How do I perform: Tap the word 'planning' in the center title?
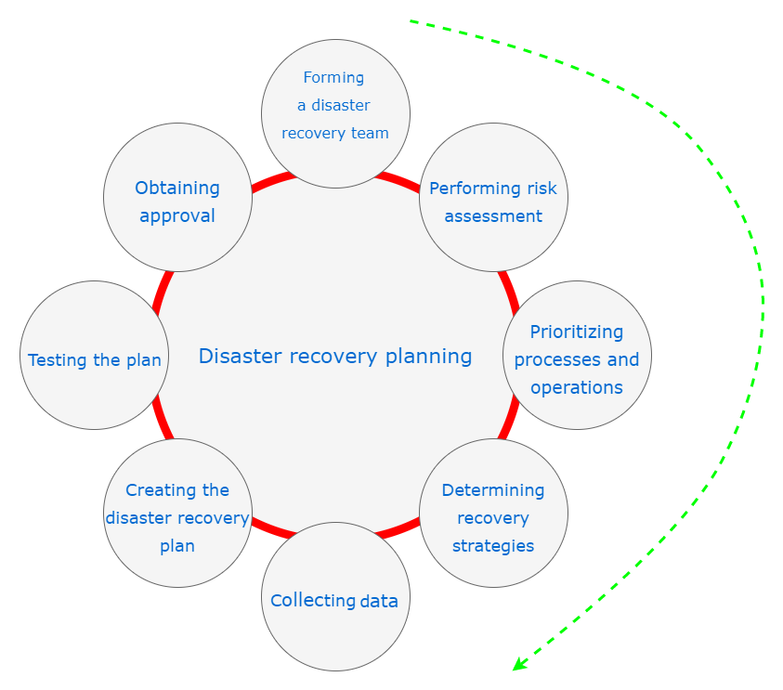428,357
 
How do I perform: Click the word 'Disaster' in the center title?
236,356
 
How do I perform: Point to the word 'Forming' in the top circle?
333,78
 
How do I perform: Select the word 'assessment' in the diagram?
493,216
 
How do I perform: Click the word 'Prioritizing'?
577,332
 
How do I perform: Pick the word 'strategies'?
493,546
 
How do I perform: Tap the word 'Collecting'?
313,601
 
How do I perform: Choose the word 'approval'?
177,216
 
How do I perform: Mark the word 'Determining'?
493,490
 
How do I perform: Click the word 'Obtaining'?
177,189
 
